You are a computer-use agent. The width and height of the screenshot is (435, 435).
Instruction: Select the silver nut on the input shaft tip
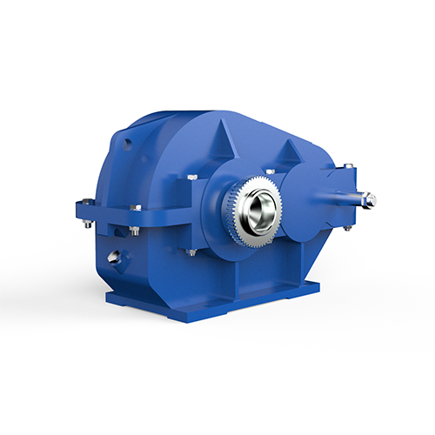tap(371, 201)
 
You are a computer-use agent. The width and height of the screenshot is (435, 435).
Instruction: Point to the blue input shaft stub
tap(352, 198)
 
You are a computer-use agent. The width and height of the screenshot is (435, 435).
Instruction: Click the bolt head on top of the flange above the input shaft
tap(348, 165)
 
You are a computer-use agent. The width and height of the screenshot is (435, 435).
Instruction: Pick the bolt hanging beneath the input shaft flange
tap(347, 227)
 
